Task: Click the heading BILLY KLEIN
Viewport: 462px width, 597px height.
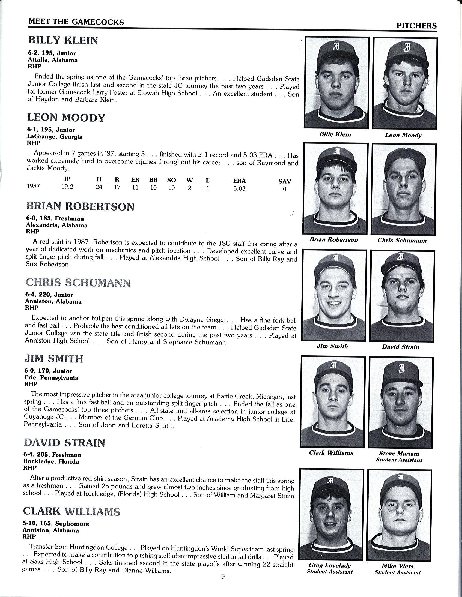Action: (x=63, y=40)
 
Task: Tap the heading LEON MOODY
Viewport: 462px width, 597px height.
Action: (x=66, y=118)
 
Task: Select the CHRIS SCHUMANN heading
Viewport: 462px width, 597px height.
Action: (x=78, y=283)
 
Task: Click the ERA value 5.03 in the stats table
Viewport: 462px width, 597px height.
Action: (x=239, y=189)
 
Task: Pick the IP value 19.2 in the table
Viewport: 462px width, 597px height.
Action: (x=67, y=187)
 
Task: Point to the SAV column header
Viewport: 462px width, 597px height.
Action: (x=284, y=181)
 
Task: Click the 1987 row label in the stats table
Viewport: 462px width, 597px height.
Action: (x=33, y=187)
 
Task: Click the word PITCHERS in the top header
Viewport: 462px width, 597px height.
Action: (x=416, y=26)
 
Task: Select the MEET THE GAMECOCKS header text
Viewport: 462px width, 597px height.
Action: (x=76, y=22)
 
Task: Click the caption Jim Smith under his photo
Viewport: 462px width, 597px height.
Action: (x=332, y=346)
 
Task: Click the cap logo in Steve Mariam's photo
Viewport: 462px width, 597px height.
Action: (x=401, y=370)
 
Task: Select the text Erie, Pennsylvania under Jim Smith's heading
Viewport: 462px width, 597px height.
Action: (x=51, y=378)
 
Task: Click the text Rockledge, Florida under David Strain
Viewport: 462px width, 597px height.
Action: (x=51, y=462)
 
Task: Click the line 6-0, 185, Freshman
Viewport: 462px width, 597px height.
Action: (x=55, y=218)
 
